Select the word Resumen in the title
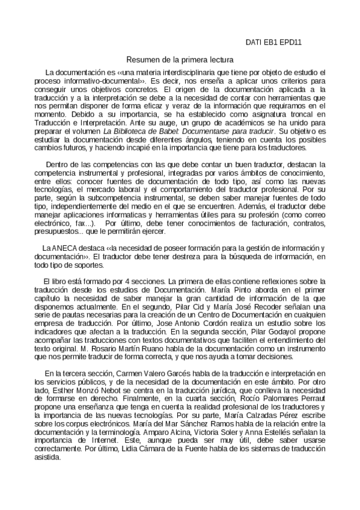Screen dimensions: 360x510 click(140, 60)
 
